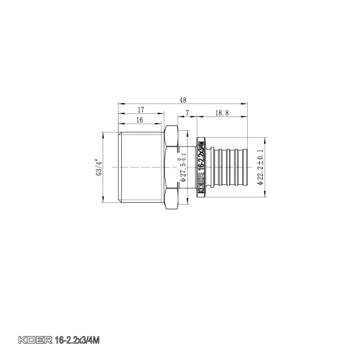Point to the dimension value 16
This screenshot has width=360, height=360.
coord(140,119)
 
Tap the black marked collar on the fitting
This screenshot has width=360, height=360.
coord(202,167)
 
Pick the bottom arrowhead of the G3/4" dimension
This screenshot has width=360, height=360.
coord(106,202)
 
